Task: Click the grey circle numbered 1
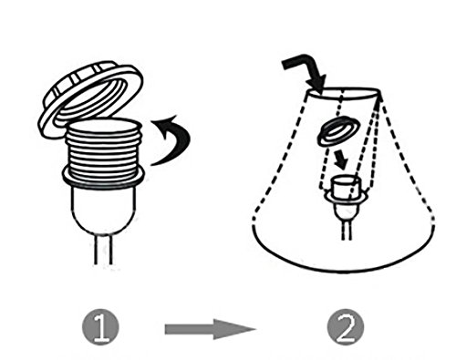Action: coord(100,327)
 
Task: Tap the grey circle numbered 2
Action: coord(346,327)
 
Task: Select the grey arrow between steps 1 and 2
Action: coord(210,329)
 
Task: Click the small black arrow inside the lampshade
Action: coord(340,160)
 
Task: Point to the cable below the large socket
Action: coord(104,250)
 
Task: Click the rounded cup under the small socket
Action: coord(347,211)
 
